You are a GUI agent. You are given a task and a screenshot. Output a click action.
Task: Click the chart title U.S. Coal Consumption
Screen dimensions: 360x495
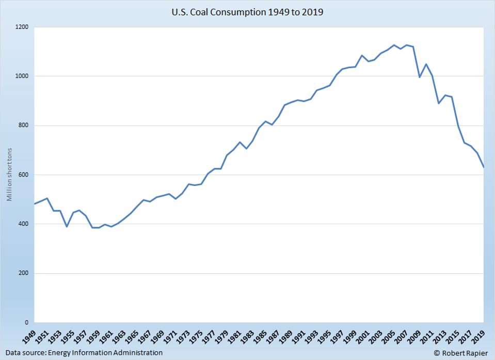pos(247,12)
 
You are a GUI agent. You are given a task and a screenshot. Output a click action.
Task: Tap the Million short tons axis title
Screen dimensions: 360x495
pos(9,175)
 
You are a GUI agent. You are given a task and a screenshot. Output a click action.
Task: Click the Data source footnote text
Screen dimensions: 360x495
pos(84,353)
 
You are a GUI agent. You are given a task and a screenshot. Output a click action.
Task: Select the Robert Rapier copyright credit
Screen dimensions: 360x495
pos(461,353)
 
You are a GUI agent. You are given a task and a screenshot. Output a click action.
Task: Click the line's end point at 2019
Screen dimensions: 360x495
pos(483,167)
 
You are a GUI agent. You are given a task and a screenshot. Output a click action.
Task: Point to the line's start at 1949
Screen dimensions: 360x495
pos(35,204)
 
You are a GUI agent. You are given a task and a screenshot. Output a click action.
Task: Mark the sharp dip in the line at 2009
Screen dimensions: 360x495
pos(419,77)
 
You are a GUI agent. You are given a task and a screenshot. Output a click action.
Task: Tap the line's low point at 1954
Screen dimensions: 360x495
pos(67,227)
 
